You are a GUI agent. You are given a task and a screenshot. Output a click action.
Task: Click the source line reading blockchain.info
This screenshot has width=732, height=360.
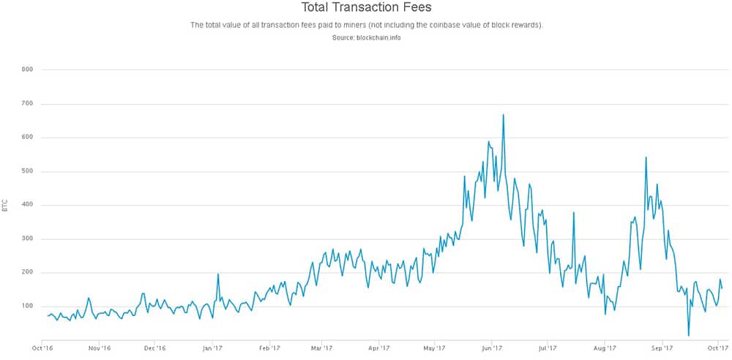tap(366, 37)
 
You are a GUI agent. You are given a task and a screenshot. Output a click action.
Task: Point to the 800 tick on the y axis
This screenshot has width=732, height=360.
tap(28, 70)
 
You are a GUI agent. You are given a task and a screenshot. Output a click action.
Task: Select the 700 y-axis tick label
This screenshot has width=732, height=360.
tap(28, 104)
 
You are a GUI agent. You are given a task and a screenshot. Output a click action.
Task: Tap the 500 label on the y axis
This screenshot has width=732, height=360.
tap(28, 171)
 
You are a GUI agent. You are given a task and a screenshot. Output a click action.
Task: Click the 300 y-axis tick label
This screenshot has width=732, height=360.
tap(28, 239)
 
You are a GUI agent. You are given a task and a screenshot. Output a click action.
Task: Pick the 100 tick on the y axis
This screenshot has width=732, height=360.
tap(28, 306)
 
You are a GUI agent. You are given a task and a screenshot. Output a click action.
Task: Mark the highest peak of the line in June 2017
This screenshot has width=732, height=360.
tap(503, 115)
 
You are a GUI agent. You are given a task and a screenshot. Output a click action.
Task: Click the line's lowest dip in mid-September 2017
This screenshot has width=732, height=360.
tap(688, 335)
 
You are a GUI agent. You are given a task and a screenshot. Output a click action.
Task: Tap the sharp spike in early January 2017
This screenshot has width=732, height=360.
tap(218, 274)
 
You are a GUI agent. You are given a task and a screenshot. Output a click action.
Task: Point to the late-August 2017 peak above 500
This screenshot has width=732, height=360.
tap(646, 157)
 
